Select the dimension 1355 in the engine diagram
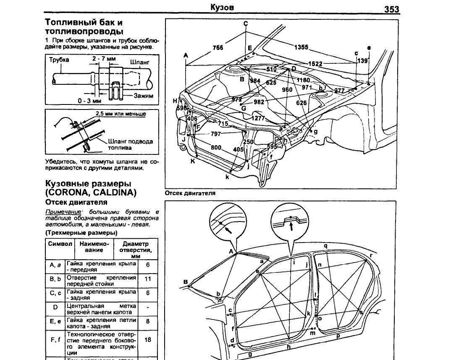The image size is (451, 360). click(x=301, y=47)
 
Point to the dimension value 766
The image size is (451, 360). click(x=218, y=48)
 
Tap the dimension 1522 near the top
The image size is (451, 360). click(x=315, y=64)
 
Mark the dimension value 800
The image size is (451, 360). click(x=216, y=148)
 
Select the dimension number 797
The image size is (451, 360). click(x=216, y=134)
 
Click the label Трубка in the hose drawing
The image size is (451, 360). click(x=59, y=60)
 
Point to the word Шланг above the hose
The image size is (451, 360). click(x=139, y=62)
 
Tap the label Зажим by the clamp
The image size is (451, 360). click(x=143, y=96)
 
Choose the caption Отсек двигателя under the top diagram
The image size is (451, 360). click(x=190, y=193)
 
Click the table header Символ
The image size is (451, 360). click(x=60, y=244)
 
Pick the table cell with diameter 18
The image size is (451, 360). click(x=148, y=340)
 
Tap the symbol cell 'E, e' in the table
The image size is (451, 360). click(x=55, y=322)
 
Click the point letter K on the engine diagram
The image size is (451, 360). click(x=193, y=161)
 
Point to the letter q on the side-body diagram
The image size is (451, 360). click(x=325, y=245)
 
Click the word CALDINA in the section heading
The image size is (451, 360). click(x=115, y=193)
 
